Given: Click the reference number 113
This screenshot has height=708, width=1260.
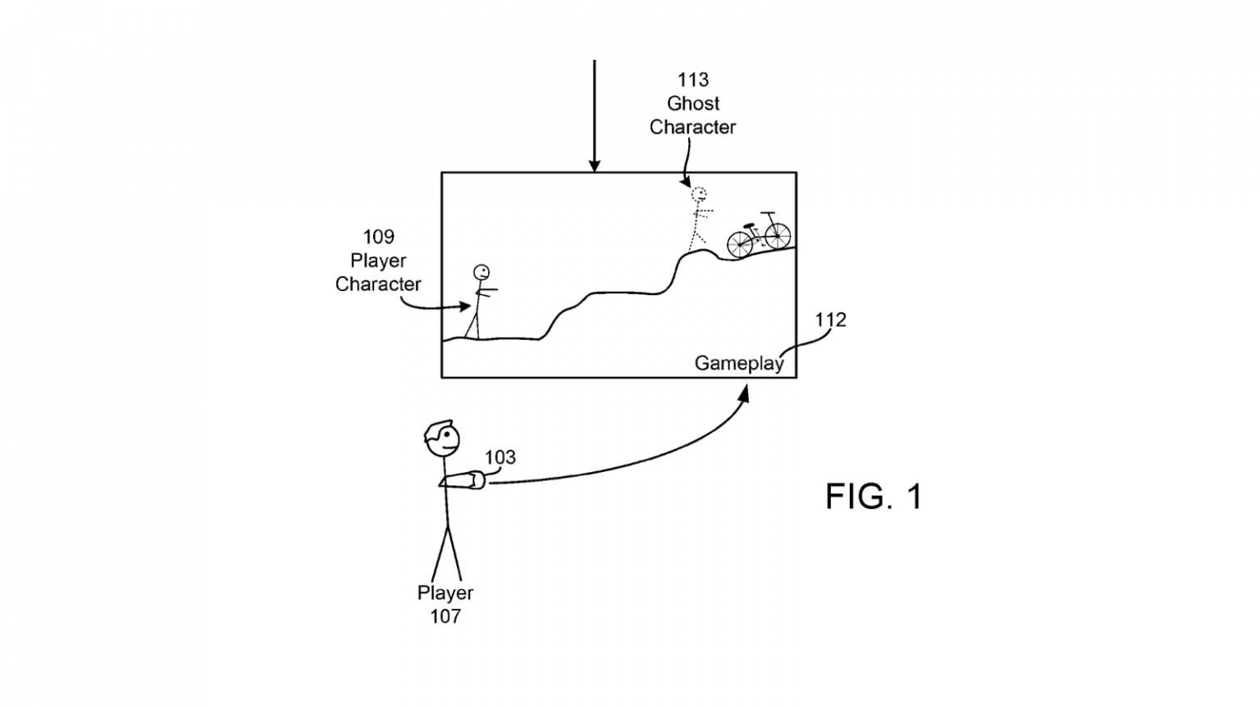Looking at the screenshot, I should point(692,79).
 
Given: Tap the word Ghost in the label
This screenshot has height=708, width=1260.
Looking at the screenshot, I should point(692,103).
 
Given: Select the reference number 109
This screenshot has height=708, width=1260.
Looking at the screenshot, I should point(378,237).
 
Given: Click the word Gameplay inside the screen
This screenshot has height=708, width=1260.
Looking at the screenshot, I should point(738,363).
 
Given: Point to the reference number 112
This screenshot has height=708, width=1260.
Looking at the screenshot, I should point(829,320).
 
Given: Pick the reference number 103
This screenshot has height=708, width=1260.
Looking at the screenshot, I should point(500,457).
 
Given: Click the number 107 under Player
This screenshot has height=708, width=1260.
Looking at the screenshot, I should point(445,616).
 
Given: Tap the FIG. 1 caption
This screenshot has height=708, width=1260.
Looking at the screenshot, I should point(874,497).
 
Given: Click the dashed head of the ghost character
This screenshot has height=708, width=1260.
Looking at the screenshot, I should point(699,194).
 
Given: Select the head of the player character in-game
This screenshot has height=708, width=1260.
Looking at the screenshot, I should point(481,271).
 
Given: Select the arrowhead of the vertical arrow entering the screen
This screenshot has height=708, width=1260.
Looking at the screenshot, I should point(594,166).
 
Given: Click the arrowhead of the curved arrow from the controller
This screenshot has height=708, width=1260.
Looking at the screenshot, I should point(744,393).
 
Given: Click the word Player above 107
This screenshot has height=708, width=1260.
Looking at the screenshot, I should point(445,592).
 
